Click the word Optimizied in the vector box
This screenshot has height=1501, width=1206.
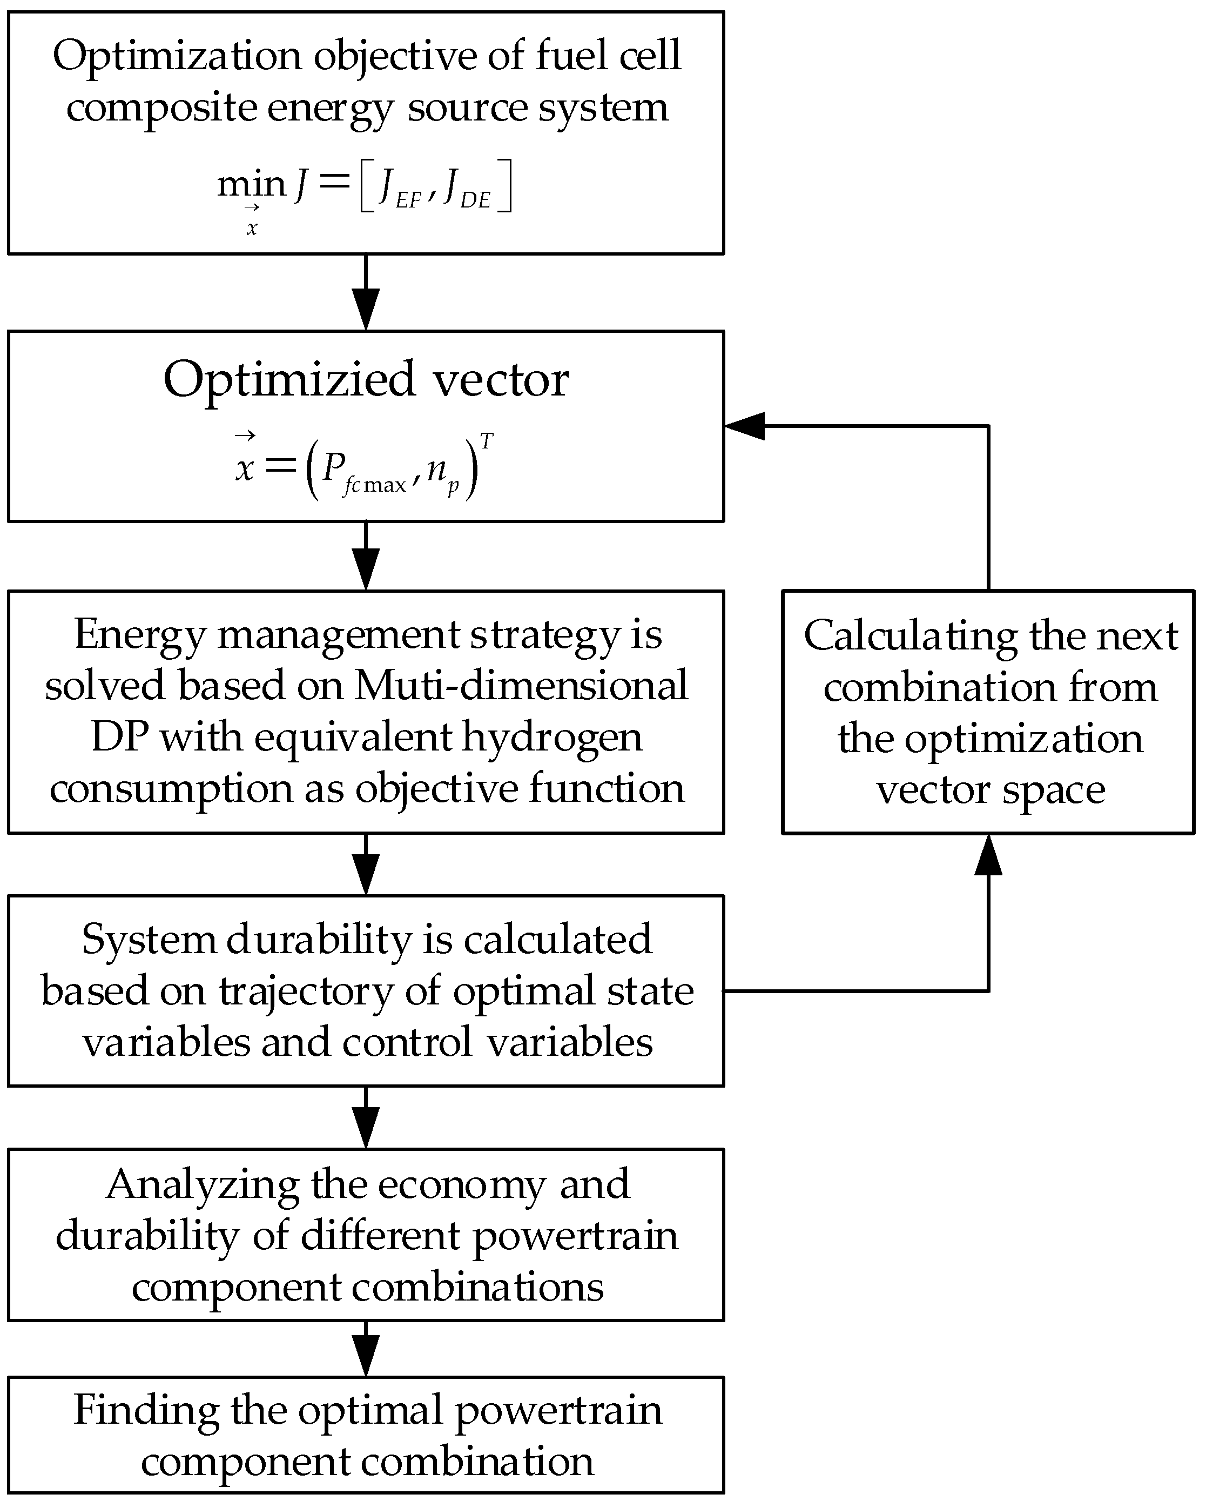point(289,381)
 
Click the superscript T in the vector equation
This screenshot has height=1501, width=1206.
point(487,441)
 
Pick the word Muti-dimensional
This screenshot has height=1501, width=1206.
point(521,685)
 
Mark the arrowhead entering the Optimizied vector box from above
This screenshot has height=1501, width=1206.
point(366,310)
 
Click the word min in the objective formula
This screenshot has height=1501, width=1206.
point(251,184)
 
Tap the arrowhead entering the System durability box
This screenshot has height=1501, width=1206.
point(366,874)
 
